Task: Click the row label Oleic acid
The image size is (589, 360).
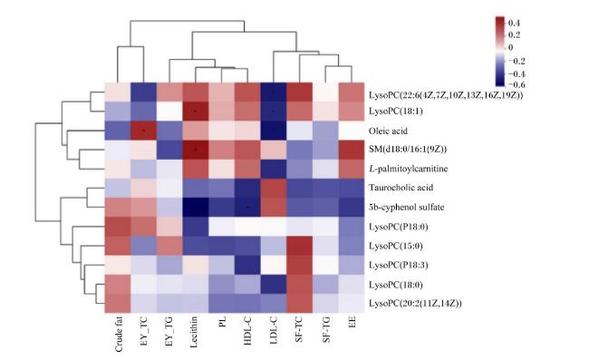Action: pyautogui.click(x=388, y=131)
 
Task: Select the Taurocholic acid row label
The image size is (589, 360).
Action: pyautogui.click(x=401, y=187)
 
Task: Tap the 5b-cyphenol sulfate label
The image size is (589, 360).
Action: pyautogui.click(x=407, y=207)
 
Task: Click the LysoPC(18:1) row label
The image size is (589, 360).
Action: pyautogui.click(x=396, y=112)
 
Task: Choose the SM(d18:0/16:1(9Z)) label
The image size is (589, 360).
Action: pyautogui.click(x=408, y=150)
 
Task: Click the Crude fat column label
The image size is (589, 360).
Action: pyautogui.click(x=119, y=335)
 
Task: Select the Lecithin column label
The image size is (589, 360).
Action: pyautogui.click(x=194, y=332)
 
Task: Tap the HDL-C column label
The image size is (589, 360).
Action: pyautogui.click(x=247, y=330)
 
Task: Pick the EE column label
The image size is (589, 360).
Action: pyautogui.click(x=352, y=323)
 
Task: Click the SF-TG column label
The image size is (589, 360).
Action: pyautogui.click(x=326, y=329)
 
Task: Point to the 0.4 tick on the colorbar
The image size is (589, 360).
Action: pyautogui.click(x=514, y=23)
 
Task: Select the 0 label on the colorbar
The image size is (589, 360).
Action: pyautogui.click(x=510, y=47)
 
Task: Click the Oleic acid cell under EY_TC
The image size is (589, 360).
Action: pyautogui.click(x=143, y=131)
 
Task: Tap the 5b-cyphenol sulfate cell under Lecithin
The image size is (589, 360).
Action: pyautogui.click(x=196, y=207)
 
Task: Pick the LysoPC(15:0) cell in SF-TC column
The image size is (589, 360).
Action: pyautogui.click(x=299, y=246)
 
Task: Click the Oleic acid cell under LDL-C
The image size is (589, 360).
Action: pyautogui.click(x=274, y=131)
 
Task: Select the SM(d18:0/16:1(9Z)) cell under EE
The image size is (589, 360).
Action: pyautogui.click(x=352, y=150)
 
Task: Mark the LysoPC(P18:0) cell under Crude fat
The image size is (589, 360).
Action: pyautogui.click(x=118, y=226)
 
